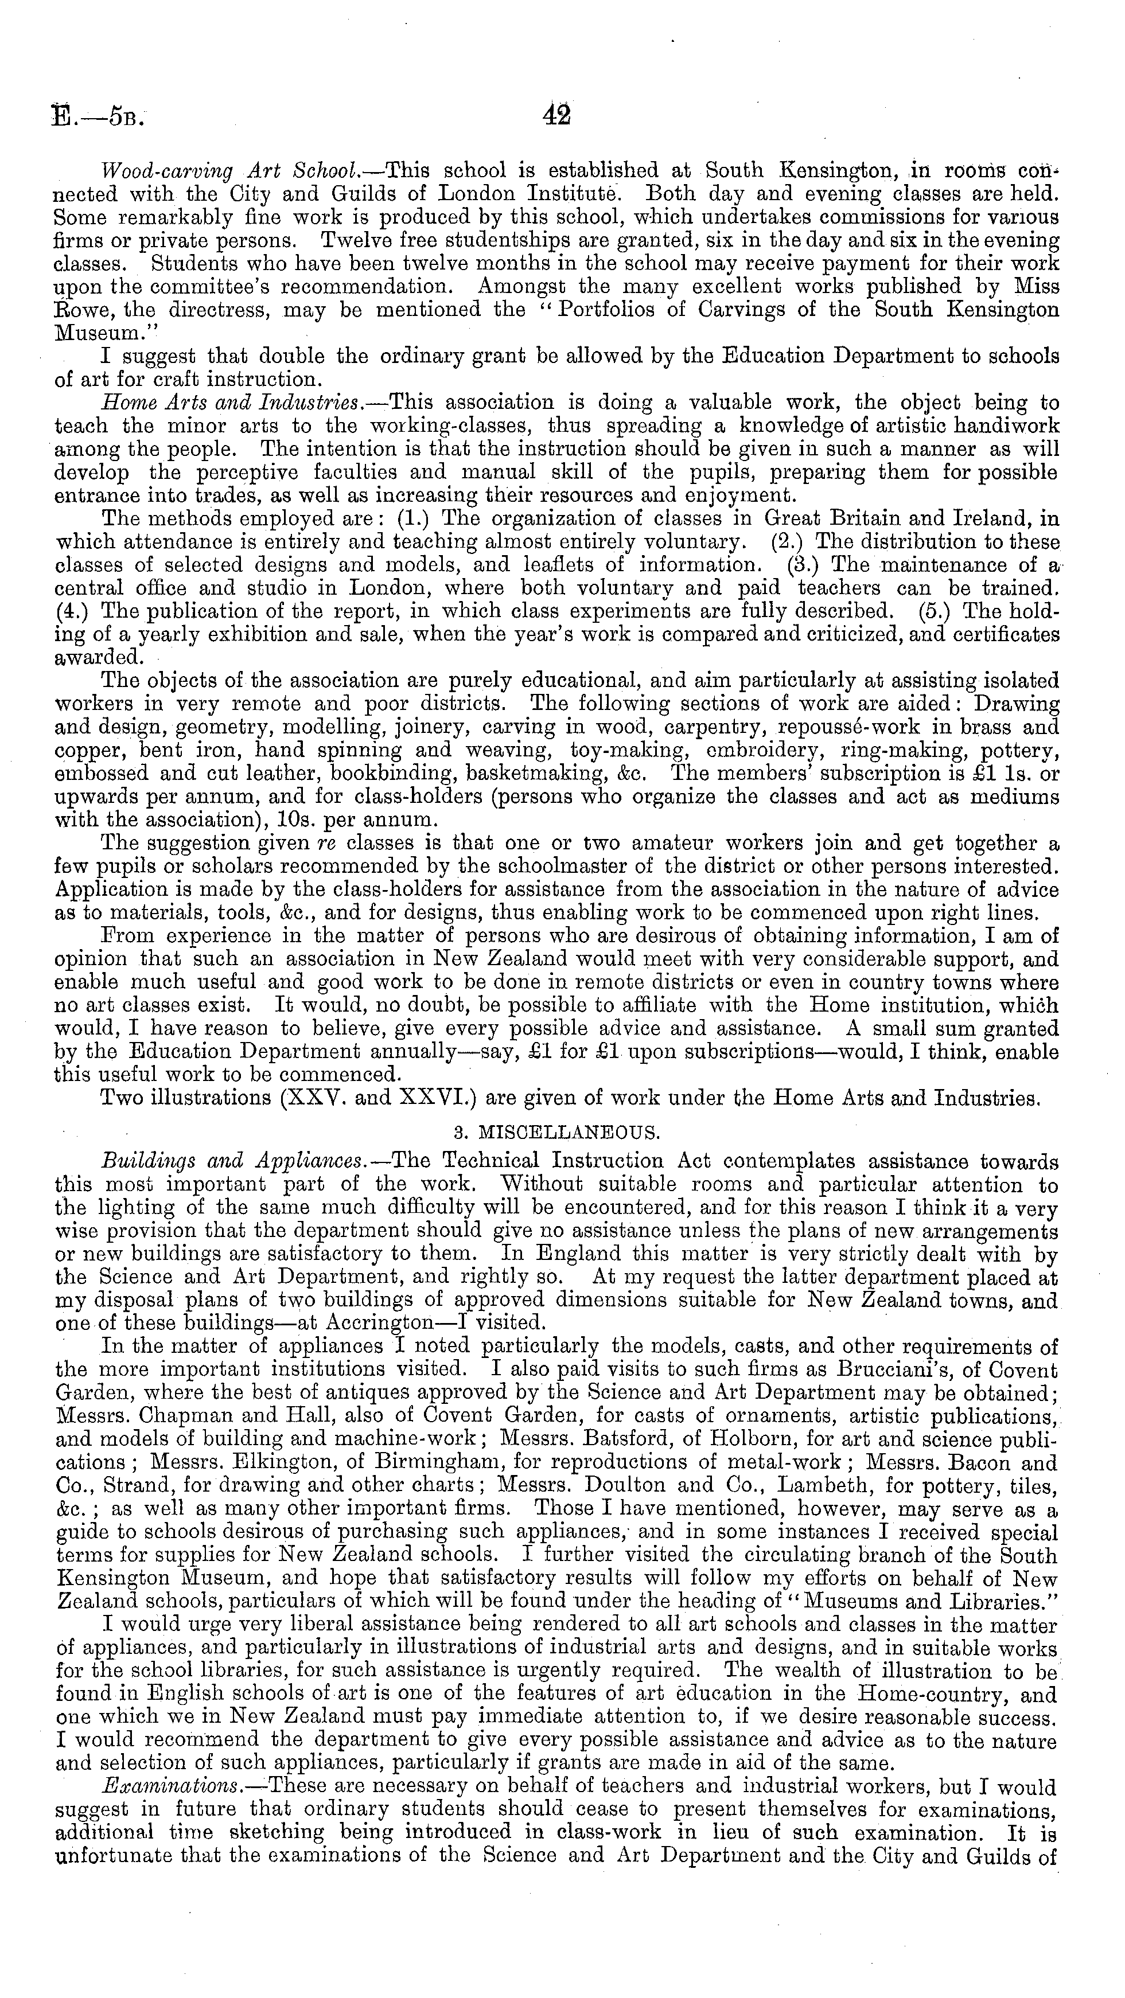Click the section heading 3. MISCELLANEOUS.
[x=556, y=1133]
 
